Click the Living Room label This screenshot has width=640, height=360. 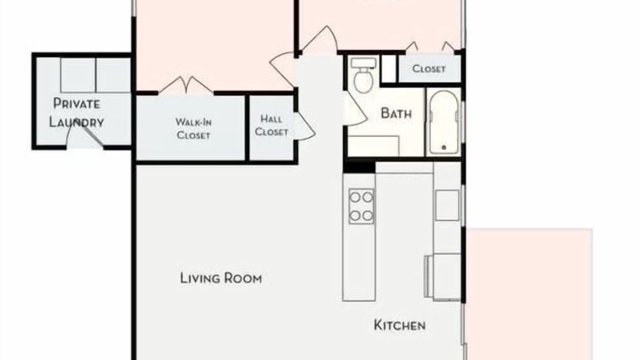221,278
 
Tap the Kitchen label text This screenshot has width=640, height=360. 399,325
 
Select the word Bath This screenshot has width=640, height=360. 396,113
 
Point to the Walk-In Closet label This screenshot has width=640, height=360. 193,128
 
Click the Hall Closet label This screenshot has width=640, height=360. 271,125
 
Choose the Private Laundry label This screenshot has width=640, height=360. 76,113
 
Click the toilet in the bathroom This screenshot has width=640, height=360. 363,75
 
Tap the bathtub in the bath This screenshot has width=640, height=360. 443,122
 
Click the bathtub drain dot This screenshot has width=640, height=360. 443,147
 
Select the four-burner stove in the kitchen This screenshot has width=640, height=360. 361,206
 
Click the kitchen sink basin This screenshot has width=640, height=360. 447,205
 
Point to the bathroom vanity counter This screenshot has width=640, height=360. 373,146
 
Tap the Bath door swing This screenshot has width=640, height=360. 355,108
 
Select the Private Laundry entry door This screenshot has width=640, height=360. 84,133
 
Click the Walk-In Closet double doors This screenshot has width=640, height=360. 186,85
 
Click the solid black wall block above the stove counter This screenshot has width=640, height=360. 359,167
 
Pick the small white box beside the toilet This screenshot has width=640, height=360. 389,68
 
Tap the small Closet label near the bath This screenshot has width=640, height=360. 429,68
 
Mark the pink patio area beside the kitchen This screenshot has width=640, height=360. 529,294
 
